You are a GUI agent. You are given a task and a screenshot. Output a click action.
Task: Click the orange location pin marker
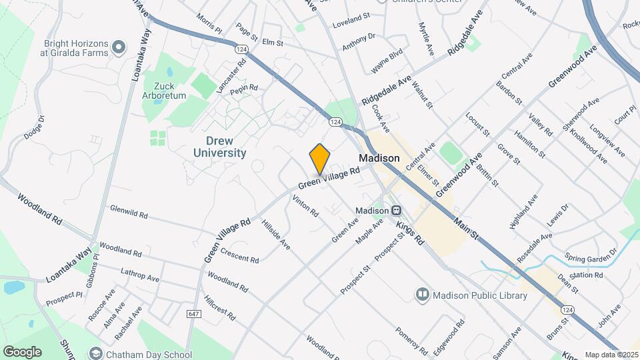pos(320,159)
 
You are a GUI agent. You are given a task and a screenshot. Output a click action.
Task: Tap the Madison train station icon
pos(396,210)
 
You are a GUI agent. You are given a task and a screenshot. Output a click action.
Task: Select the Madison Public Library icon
pos(421,294)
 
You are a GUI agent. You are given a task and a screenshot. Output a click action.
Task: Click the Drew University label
pos(219,147)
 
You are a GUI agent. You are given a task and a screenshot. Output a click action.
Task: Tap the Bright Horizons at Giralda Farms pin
pos(119,46)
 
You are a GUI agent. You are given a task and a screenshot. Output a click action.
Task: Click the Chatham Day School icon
pos(96,354)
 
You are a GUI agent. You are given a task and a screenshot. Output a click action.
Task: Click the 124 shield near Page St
pos(241,49)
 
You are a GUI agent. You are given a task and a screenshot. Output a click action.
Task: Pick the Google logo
pos(22,351)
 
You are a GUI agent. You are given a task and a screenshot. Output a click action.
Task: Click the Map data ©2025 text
pos(611,355)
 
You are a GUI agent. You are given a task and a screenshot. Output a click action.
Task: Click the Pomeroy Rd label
pos(410,340)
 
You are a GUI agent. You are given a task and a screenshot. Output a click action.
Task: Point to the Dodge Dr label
pos(34,127)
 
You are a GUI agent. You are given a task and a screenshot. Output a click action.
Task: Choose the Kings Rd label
pos(410,231)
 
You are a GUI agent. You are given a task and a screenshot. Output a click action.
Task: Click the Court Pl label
pos(625,115)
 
